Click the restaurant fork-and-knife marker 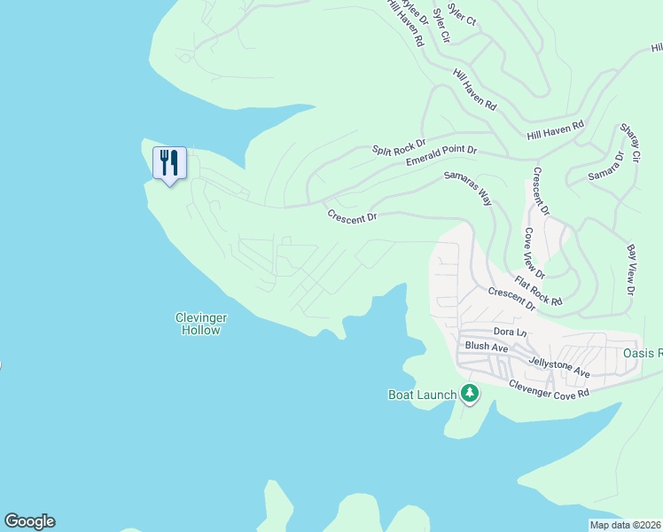point(169,163)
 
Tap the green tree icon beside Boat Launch point(469,393)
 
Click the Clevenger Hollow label point(202,324)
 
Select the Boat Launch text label point(422,395)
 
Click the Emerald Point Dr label point(441,155)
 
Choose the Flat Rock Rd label point(538,289)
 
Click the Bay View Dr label point(631,270)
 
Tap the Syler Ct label point(462,13)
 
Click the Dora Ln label point(510,332)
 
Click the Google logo point(29,521)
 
